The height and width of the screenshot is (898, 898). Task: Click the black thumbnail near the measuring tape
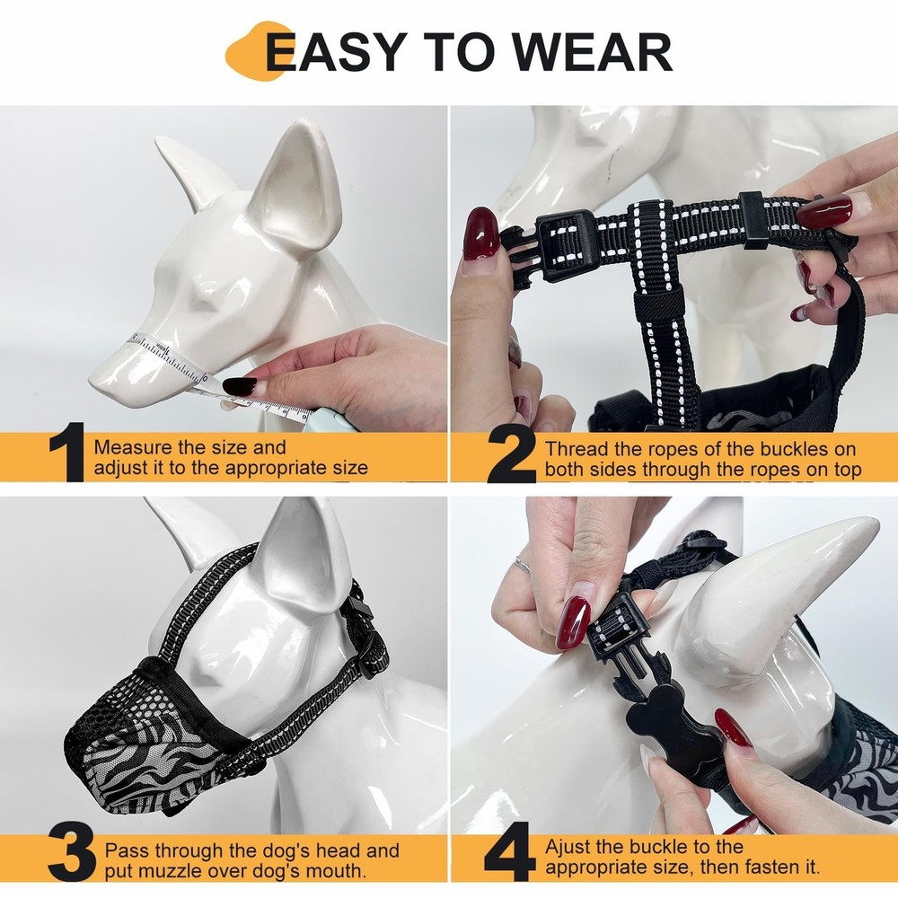pyautogui.click(x=238, y=387)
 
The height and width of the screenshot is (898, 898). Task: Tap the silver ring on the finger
pyautogui.click(x=522, y=565)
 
